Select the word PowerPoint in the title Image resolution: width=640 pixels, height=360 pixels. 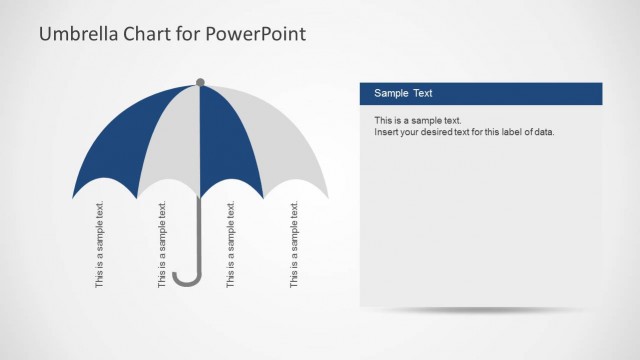coord(257,34)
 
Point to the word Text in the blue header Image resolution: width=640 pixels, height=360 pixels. coord(422,94)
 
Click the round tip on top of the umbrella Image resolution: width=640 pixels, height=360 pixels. coord(200,82)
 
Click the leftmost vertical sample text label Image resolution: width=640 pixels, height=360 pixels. coord(100,245)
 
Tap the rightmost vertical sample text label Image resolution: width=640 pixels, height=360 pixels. coord(294,245)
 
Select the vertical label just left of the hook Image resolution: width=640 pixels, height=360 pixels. coord(163,245)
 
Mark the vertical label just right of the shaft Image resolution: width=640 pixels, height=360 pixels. coord(231,245)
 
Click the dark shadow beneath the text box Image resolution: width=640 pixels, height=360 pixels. coord(480,311)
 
